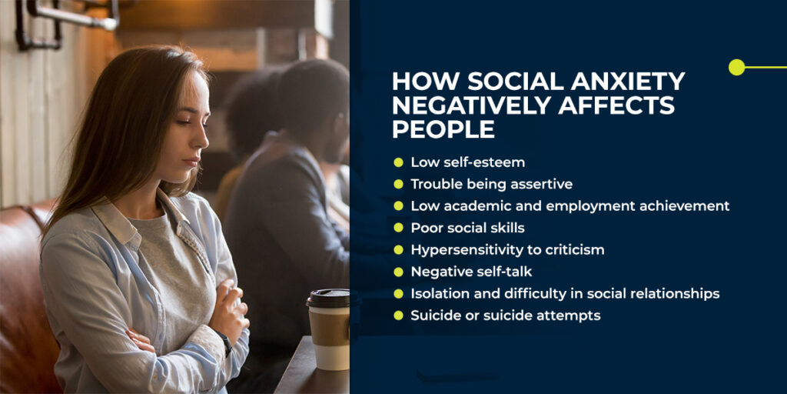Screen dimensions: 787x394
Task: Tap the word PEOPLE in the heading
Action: tap(443, 129)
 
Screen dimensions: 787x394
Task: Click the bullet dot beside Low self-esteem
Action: tap(399, 162)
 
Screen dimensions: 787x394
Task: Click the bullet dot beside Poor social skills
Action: tap(399, 228)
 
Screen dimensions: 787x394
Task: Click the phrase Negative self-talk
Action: tap(471, 272)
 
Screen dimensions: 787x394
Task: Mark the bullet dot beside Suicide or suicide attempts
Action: tap(399, 315)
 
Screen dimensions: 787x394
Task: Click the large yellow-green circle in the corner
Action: tap(737, 68)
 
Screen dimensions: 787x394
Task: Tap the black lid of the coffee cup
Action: tap(328, 298)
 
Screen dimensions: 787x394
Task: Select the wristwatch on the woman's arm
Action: tap(224, 343)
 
